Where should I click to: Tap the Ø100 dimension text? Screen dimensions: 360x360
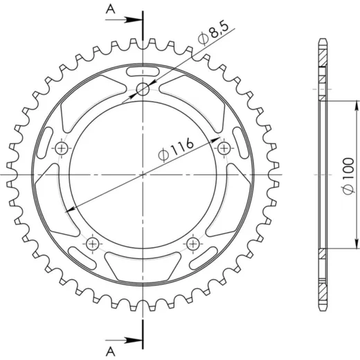(348, 177)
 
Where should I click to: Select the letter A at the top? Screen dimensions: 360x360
(111, 9)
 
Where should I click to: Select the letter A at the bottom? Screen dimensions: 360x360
(111, 352)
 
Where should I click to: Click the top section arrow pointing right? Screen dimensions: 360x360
(124, 20)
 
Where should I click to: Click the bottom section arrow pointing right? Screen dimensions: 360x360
(124, 340)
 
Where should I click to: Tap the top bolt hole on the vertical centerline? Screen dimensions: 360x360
(143, 89)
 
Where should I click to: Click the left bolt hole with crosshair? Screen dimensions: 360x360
(62, 148)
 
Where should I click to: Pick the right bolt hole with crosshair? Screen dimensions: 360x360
(224, 148)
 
